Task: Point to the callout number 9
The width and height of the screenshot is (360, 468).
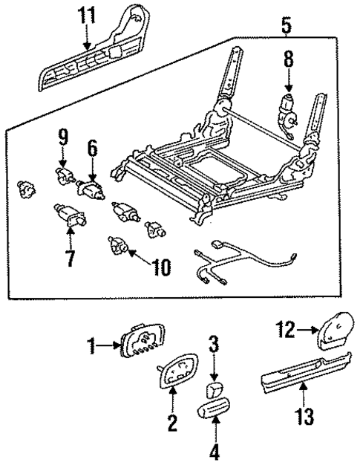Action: pyautogui.click(x=62, y=137)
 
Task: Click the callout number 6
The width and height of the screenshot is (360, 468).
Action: pyautogui.click(x=93, y=149)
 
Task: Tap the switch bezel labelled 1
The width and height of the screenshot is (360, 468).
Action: pyautogui.click(x=139, y=343)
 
